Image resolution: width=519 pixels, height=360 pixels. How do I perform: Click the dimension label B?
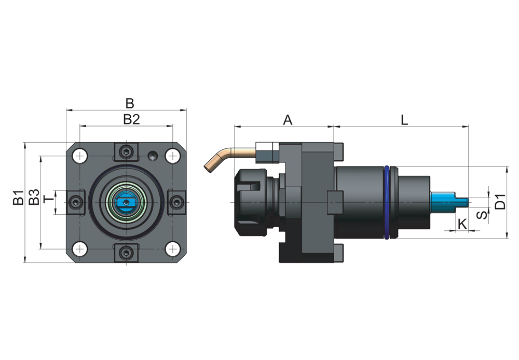click(x=130, y=103)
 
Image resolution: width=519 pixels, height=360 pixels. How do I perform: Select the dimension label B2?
click(x=132, y=119)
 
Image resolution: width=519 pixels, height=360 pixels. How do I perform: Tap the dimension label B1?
click(x=19, y=197)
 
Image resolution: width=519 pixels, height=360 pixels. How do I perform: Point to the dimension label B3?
click(x=34, y=197)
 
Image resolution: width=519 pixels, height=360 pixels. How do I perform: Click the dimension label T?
click(x=49, y=199)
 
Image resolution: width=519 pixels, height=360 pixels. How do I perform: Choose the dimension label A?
click(x=288, y=120)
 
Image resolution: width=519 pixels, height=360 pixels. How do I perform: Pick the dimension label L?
click(x=404, y=120)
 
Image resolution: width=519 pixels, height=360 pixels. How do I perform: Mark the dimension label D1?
click(x=500, y=202)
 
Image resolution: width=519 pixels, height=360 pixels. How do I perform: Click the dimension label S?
click(x=483, y=215)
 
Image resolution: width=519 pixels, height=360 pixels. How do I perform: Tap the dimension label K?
click(x=462, y=224)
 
